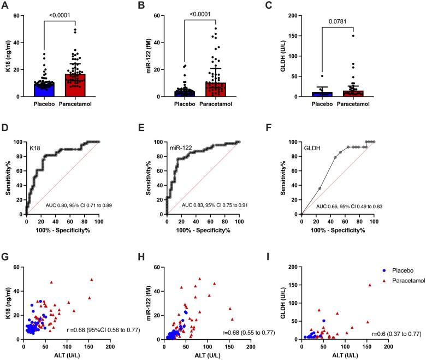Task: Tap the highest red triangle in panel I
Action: (370, 285)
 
